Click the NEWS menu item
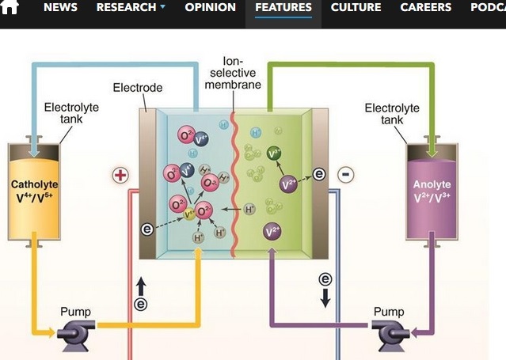60,7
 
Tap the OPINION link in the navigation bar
210,7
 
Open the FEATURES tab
283,7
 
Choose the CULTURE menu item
356,7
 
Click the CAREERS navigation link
425,7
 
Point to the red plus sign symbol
120,175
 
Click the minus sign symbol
346,174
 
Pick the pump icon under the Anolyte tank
392,333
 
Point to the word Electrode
138,87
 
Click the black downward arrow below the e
325,297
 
